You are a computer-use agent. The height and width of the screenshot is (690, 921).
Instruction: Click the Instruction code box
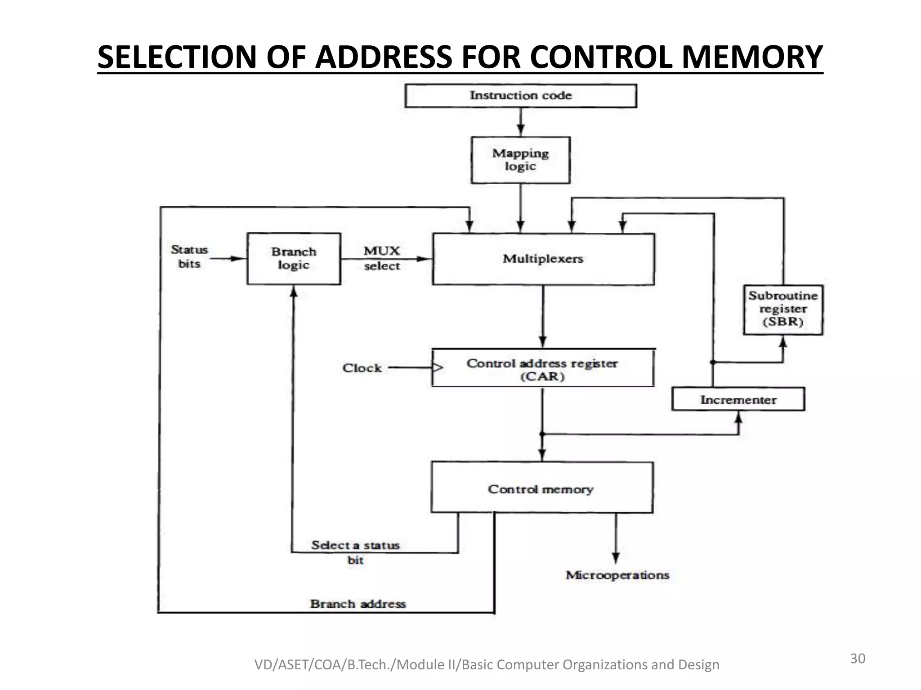[520, 96]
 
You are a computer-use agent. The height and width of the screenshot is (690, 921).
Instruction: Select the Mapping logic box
[520, 160]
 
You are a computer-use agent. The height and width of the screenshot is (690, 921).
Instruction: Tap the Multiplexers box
[543, 259]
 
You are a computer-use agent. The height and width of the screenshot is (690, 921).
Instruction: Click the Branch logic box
[294, 258]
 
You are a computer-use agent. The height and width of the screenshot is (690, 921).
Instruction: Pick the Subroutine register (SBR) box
[782, 309]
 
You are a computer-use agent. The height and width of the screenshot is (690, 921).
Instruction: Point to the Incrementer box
[738, 399]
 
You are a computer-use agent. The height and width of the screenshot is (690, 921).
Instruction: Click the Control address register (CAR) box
[542, 369]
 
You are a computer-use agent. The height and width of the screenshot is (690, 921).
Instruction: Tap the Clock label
[362, 368]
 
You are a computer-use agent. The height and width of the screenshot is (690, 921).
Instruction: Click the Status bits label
[189, 257]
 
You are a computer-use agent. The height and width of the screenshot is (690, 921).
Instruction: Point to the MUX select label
[382, 258]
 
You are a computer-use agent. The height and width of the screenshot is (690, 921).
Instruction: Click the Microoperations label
[617, 575]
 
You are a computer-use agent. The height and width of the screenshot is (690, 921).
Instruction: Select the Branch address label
[358, 604]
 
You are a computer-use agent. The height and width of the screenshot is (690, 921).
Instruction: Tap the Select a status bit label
[355, 552]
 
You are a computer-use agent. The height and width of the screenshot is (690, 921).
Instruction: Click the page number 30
[857, 659]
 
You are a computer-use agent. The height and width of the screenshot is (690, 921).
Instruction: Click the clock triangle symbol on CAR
[437, 368]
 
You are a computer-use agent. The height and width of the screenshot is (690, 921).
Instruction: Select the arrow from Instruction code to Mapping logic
[520, 122]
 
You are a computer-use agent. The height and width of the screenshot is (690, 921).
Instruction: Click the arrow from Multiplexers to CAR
[543, 316]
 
